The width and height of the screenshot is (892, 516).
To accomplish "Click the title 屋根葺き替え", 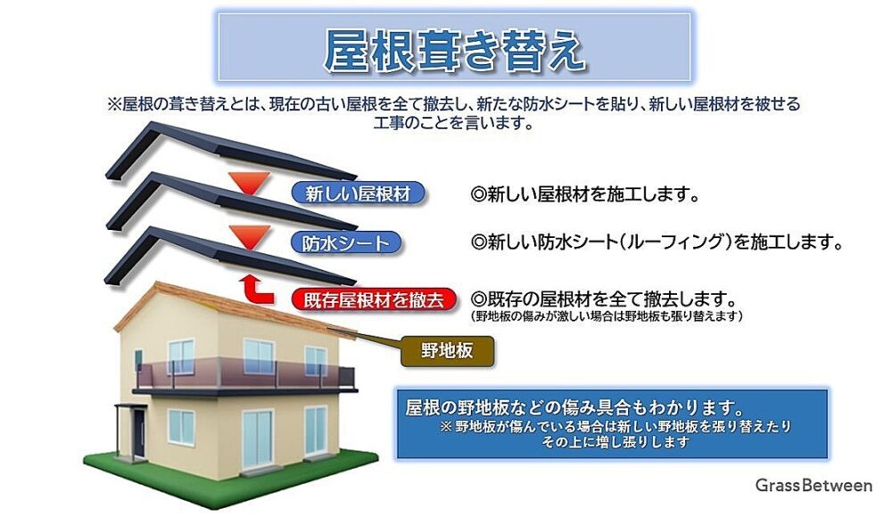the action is pyautogui.click(x=455, y=50).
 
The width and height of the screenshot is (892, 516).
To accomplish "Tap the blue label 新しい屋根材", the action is pyautogui.click(x=358, y=193).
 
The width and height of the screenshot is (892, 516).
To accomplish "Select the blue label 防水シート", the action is pyautogui.click(x=346, y=243).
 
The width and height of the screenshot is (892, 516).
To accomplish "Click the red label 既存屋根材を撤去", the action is pyautogui.click(x=374, y=299).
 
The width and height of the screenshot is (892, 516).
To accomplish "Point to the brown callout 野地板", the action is pyautogui.click(x=447, y=350).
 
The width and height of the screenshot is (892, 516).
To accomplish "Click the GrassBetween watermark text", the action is pyautogui.click(x=814, y=485).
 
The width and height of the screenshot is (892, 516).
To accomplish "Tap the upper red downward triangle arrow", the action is pyautogui.click(x=249, y=183).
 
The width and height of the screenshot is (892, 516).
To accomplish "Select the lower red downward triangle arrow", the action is pyautogui.click(x=249, y=237).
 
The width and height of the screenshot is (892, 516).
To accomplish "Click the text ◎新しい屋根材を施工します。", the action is pyautogui.click(x=585, y=194).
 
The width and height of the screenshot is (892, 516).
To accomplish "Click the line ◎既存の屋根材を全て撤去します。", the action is pyautogui.click(x=604, y=299).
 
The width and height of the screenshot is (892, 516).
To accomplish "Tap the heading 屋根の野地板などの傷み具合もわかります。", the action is pyautogui.click(x=575, y=407).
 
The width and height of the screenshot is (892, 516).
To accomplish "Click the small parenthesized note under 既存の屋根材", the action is pyautogui.click(x=607, y=316).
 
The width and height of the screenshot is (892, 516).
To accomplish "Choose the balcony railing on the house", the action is pyautogui.click(x=244, y=375).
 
